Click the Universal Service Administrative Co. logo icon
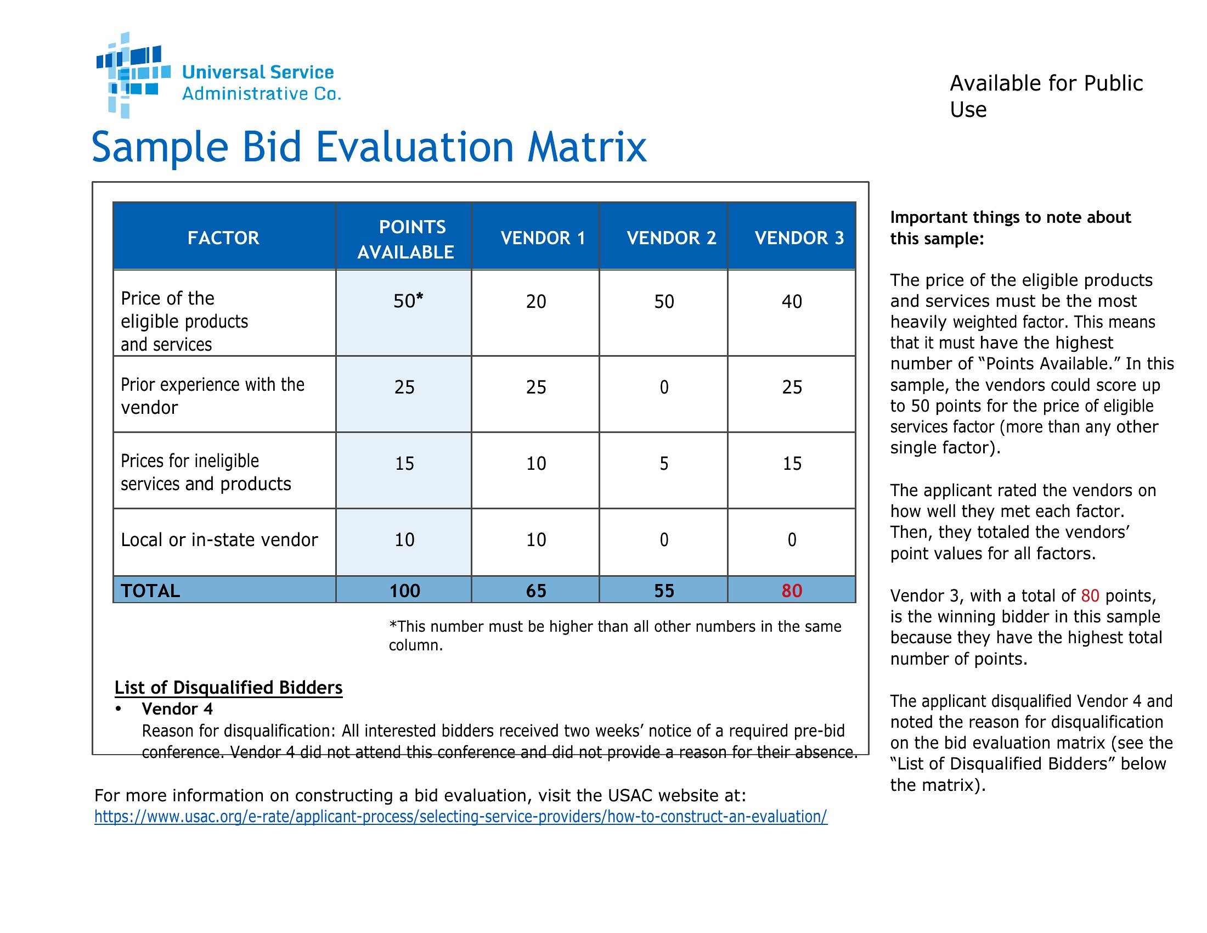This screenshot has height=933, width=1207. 133,75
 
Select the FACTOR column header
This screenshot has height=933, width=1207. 223,238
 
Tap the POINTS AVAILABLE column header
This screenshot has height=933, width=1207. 405,239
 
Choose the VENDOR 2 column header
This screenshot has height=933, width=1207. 672,238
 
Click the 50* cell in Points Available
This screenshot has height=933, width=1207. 408,301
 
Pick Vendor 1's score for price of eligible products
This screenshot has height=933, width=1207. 536,301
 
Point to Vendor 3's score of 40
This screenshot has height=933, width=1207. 792,301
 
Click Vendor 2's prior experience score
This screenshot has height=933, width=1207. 664,387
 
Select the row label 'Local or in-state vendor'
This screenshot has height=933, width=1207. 219,539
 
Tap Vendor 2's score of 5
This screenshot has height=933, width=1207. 664,463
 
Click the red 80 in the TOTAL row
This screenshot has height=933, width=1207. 792,591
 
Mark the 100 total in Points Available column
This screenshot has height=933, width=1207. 404,591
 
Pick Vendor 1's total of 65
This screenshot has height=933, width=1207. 536,591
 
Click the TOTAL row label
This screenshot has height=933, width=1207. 150,591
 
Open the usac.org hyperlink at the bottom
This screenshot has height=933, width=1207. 461,817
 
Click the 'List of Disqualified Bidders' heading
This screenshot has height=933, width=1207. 228,687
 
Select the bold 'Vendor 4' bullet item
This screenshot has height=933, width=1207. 177,709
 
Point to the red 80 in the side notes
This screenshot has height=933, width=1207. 1090,595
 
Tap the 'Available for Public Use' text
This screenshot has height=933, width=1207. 1046,96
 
